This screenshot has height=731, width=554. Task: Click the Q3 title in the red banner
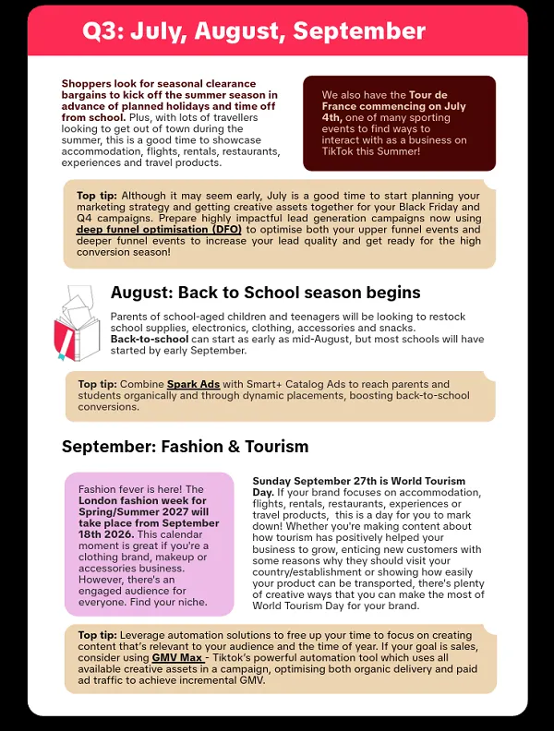point(254,30)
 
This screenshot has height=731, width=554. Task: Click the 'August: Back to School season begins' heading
point(266,293)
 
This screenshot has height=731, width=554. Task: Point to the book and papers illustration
point(78,323)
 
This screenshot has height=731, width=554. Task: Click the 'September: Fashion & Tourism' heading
point(185,447)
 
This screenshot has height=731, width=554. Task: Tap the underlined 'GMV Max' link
point(178,657)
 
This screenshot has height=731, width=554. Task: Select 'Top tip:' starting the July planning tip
point(98,196)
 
